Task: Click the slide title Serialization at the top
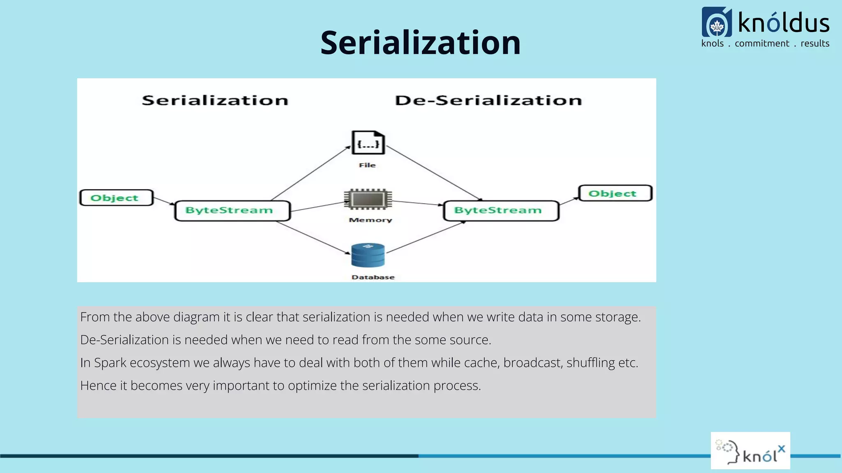pos(420,43)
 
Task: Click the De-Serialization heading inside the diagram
pos(488,101)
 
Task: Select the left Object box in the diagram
pos(116,197)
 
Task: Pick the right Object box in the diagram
pos(615,193)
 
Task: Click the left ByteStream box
pos(232,211)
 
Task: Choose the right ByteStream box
pos(501,211)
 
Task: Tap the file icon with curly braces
pos(368,143)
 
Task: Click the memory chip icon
pos(368,200)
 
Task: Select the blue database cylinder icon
pos(368,255)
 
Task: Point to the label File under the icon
pos(367,165)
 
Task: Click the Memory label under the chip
pos(370,220)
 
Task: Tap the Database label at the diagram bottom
pos(373,277)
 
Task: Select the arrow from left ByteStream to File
pos(311,173)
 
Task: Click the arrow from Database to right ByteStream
pos(426,237)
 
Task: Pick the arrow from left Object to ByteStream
pos(164,201)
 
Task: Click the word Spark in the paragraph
pos(110,363)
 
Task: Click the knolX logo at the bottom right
pos(750,451)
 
